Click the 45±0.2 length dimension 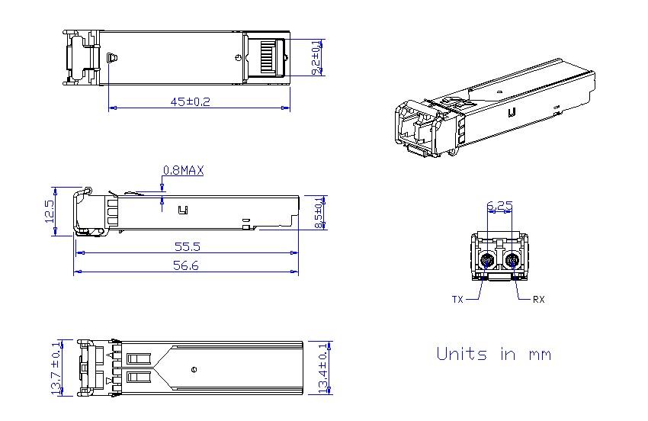pyautogui.click(x=190, y=101)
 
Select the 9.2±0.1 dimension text pyautogui.click(x=316, y=57)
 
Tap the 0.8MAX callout pyautogui.click(x=183, y=170)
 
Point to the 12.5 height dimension pyautogui.click(x=50, y=211)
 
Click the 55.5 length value pyautogui.click(x=188, y=247)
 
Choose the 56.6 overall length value pyautogui.click(x=186, y=265)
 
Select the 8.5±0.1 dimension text pyautogui.click(x=319, y=213)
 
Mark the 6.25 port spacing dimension pyautogui.click(x=499, y=205)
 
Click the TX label pyautogui.click(x=457, y=300)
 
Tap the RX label pyautogui.click(x=538, y=300)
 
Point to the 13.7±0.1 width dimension pyautogui.click(x=56, y=368)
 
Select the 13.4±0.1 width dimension pyautogui.click(x=323, y=368)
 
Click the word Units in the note pyautogui.click(x=462, y=354)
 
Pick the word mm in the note pyautogui.click(x=540, y=355)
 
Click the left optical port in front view pyautogui.click(x=488, y=261)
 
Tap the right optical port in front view pyautogui.click(x=512, y=261)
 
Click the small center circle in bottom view pyautogui.click(x=194, y=369)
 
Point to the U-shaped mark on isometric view pyautogui.click(x=512, y=112)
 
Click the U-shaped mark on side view pyautogui.click(x=184, y=210)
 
